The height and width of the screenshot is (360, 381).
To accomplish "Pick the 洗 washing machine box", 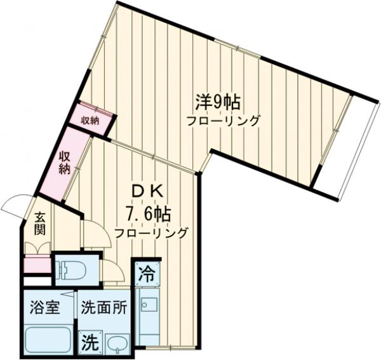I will [x=89, y=343].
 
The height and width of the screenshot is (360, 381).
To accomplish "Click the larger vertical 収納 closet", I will [x=63, y=163].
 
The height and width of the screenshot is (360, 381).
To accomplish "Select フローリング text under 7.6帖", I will [x=151, y=233].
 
